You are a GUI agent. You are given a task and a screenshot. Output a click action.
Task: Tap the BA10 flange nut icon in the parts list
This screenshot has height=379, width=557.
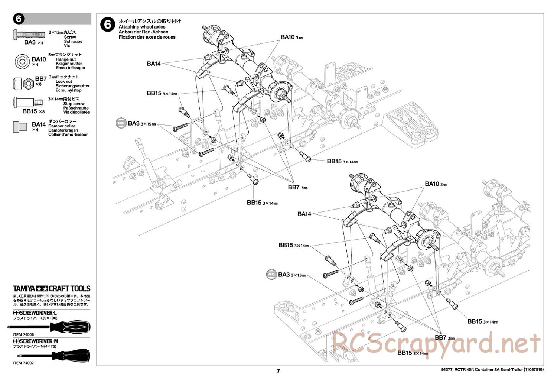(22, 61)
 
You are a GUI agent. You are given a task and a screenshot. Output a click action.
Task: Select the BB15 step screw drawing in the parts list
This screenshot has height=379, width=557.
(28, 101)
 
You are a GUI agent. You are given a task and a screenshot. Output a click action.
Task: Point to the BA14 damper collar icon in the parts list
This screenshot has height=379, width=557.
(20, 126)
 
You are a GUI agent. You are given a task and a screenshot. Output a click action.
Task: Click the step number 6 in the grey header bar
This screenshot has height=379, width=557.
(19, 19)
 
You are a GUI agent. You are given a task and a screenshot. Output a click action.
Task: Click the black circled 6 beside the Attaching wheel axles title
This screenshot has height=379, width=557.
(108, 25)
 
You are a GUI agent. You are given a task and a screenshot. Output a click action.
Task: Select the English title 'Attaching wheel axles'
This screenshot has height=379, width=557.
(142, 27)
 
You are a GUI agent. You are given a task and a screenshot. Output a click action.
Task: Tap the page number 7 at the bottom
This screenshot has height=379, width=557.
(278, 371)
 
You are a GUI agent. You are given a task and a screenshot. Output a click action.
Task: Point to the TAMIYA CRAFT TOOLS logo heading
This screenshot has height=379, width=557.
(52, 288)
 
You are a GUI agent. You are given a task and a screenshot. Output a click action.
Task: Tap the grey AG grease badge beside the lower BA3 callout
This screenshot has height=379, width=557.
(272, 275)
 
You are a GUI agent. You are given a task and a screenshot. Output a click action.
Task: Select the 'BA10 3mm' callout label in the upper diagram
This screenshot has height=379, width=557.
(291, 37)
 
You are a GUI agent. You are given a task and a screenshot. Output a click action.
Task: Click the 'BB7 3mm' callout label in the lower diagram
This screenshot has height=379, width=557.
(444, 338)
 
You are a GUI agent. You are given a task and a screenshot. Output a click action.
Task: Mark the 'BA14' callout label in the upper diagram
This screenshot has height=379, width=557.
(154, 64)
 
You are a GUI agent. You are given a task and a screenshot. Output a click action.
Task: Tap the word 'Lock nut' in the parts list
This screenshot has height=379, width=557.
(64, 81)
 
